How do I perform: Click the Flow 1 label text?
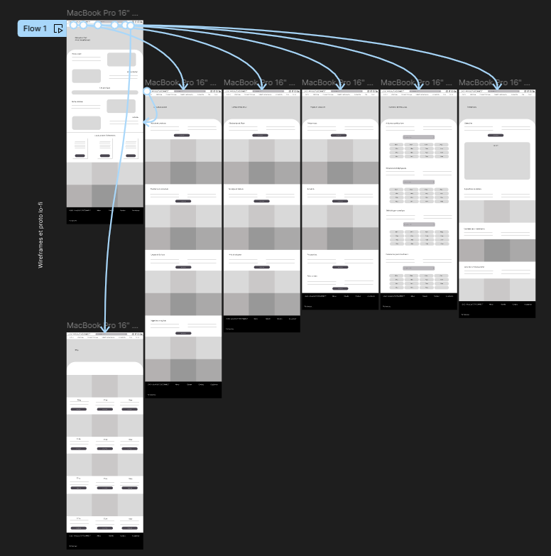pos(35,28)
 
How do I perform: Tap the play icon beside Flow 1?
pos(58,28)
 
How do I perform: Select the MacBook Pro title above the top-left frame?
pos(102,13)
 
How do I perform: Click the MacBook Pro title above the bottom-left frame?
pos(102,325)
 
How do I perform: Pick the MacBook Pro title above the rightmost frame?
pos(494,83)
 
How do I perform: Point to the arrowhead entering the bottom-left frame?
pos(104,329)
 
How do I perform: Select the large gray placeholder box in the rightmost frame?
pos(496,160)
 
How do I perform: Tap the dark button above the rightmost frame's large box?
pos(496,135)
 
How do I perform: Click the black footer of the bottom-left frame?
pos(105,541)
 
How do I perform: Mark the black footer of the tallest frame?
pos(183,390)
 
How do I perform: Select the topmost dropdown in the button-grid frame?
pos(418,136)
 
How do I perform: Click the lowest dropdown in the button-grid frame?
pos(418,268)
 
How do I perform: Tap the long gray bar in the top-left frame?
pos(105,92)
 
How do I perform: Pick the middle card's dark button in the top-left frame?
pos(105,155)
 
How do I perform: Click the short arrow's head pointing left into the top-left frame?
pos(145,122)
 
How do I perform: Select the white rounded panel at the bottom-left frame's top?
pos(105,369)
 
